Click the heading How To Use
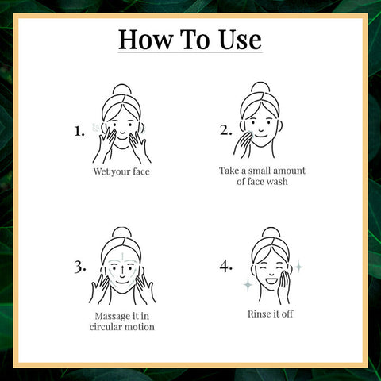[x=190, y=39]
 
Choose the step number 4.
[x=225, y=267]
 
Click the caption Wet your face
[x=121, y=170]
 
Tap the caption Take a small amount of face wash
[x=262, y=176]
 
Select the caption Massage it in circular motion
[x=120, y=321]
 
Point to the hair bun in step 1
[x=121, y=90]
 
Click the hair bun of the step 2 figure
[x=262, y=88]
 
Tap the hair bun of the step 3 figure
[x=121, y=233]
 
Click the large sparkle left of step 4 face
[x=247, y=283]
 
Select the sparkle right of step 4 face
[x=298, y=267]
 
